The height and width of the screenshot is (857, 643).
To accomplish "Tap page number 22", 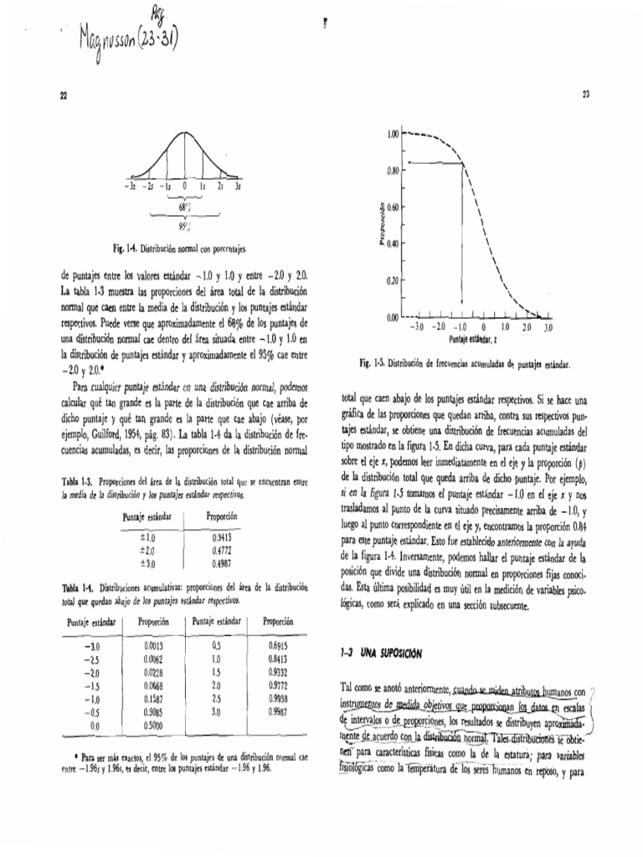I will click(x=63, y=97).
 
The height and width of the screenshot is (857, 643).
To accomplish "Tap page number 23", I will click(x=585, y=95).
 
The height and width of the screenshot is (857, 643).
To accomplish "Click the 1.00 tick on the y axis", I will click(x=392, y=134).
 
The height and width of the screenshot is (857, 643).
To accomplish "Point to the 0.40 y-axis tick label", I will click(x=392, y=244).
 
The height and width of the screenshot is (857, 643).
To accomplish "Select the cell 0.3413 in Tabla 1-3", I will click(x=221, y=537).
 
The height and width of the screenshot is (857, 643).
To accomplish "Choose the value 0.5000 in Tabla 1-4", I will click(x=152, y=724).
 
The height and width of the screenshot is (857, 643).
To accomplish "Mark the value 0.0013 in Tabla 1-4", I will click(x=152, y=646).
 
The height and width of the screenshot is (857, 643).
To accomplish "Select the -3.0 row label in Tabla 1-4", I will click(x=91, y=646).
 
